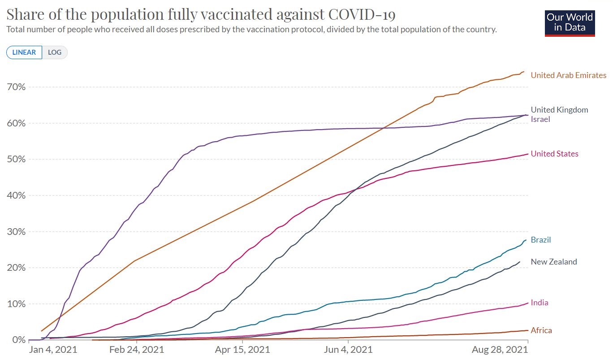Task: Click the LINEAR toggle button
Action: (24, 52)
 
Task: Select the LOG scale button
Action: (55, 52)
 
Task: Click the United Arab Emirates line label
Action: (568, 75)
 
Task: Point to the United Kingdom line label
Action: (559, 110)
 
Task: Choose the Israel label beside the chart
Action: (540, 119)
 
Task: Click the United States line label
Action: (554, 154)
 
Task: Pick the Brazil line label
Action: (540, 240)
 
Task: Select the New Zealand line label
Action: (554, 262)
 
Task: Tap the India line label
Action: (540, 303)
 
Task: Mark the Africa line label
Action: (541, 330)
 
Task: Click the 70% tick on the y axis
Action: (15, 87)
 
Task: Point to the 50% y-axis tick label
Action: (15, 159)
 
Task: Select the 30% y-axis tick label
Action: (15, 232)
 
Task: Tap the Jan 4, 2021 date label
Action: (53, 350)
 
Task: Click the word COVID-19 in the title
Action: (362, 14)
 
